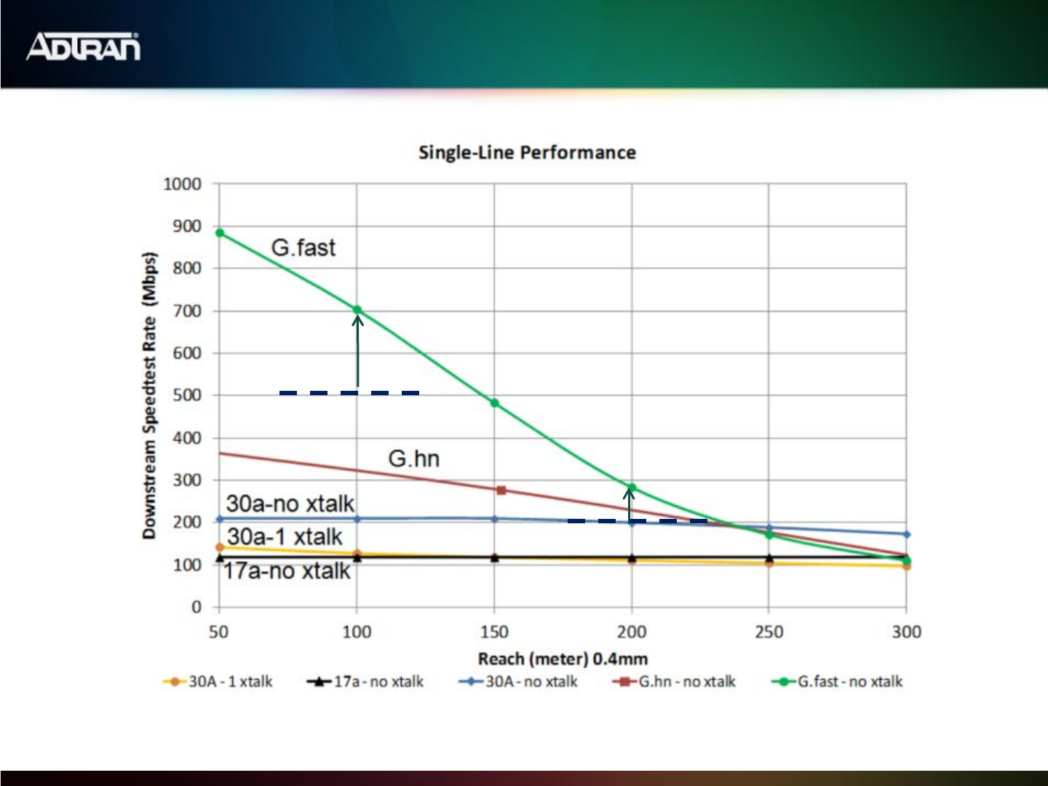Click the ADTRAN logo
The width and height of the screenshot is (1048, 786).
pos(83,47)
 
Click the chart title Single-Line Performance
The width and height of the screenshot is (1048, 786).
pos(527,153)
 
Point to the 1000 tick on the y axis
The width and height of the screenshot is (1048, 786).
pos(182,184)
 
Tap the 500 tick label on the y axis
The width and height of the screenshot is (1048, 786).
pos(187,395)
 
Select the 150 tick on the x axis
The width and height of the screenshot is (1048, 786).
pos(494,632)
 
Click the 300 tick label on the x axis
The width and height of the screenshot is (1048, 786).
pos(906,632)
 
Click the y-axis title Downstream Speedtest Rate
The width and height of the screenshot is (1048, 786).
pos(149,395)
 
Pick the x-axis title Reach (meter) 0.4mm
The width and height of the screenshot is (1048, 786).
pos(563,659)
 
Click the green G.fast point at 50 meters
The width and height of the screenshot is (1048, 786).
pos(220,233)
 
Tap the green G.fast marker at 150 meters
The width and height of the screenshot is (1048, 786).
pos(495,403)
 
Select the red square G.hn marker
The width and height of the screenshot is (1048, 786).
pos(501,491)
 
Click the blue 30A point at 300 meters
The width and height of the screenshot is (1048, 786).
pos(906,534)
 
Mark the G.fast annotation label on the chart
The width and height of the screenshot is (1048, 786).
pos(303,247)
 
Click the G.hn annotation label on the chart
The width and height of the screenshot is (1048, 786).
pos(413,458)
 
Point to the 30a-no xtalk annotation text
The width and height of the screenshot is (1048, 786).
pos(290,504)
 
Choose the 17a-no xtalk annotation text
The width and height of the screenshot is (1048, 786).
pos(287,571)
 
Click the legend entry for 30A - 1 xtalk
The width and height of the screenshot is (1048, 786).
pos(218,682)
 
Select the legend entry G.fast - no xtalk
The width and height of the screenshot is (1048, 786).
pos(838,682)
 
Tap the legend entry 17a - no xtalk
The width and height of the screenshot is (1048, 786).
pos(365,682)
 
